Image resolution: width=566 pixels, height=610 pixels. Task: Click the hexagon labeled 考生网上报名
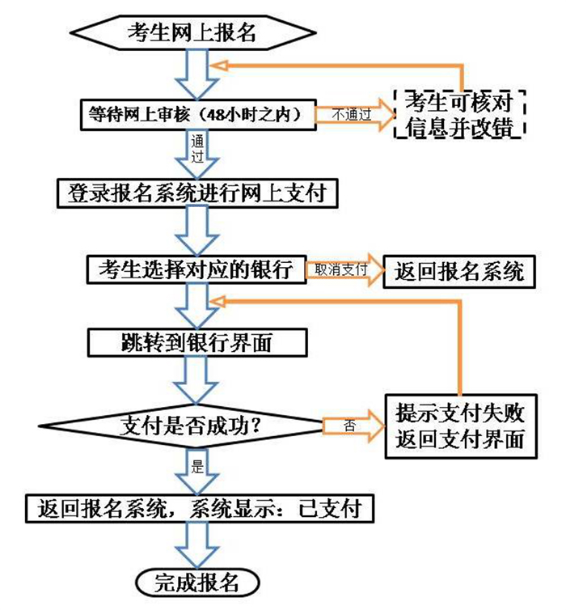(x=192, y=32)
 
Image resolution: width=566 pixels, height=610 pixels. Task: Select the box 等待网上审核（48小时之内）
(x=198, y=114)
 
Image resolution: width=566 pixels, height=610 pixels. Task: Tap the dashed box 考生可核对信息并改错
(x=459, y=114)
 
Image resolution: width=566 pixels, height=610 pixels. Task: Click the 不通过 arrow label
(x=352, y=114)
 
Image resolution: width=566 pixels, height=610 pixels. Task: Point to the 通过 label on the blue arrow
(x=197, y=148)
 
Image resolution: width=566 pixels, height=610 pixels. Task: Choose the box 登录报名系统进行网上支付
(x=197, y=193)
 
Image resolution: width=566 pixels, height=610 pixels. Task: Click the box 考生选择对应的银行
(x=196, y=269)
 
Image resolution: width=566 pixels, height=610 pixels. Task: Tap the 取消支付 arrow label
(x=340, y=269)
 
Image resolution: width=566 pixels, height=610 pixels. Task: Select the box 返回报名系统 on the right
(x=459, y=272)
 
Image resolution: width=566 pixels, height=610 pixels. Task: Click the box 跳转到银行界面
(x=197, y=342)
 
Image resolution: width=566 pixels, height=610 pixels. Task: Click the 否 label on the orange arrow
(x=349, y=426)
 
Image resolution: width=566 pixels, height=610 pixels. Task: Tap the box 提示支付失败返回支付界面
(x=461, y=426)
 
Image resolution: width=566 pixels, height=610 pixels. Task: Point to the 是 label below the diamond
(x=197, y=466)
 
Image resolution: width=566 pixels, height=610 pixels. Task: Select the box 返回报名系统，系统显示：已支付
(x=200, y=508)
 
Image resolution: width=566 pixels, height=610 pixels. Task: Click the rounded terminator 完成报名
(x=197, y=582)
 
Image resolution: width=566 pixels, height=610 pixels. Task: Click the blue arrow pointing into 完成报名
(x=196, y=545)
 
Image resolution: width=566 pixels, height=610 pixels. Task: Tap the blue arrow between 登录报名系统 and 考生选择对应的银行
(x=197, y=231)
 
